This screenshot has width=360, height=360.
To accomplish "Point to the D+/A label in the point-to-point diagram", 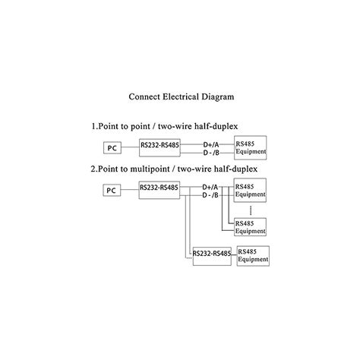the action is pos(211,145).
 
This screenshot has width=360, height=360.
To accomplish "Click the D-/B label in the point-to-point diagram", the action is pos(211,153).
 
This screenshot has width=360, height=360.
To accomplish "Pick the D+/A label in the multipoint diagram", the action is pos(210,188).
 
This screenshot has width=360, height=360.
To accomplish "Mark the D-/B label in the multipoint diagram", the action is pos(210,195).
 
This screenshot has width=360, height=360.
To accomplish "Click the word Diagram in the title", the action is pos(218,97).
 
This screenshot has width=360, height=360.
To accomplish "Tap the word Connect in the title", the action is pos(144,96).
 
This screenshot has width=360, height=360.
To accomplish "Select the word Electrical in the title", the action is pos(181,96).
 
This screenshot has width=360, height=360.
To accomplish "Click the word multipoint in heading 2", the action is pos(150,169).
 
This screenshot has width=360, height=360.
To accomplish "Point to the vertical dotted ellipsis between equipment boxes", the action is pos(251,210).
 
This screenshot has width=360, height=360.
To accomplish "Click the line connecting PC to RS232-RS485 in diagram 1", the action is pos(130,147).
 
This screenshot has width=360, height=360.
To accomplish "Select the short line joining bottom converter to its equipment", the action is pos(234,255).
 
